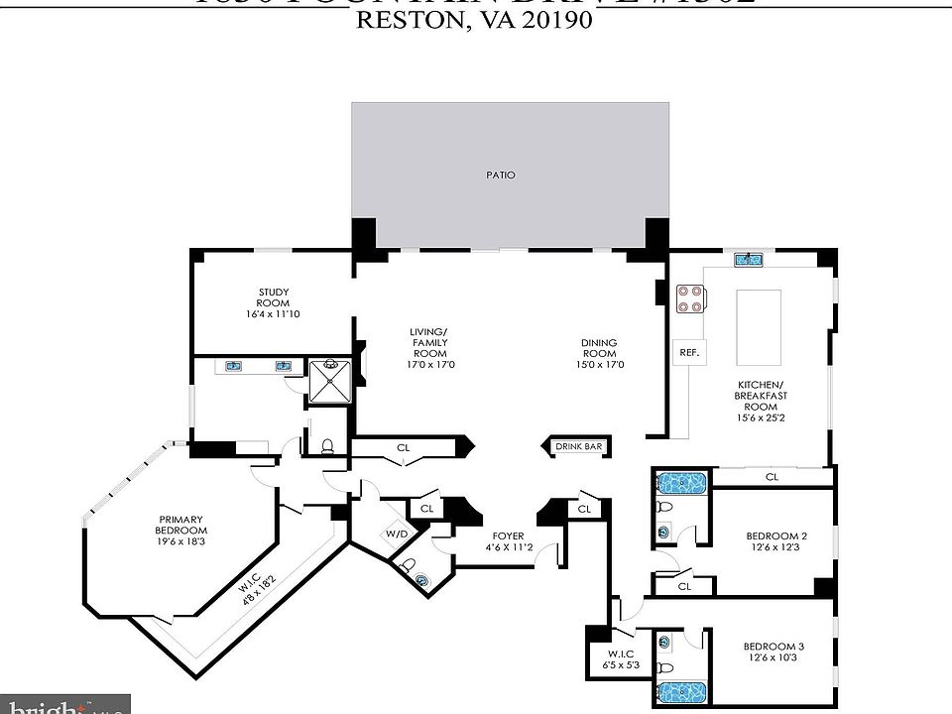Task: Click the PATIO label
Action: [x=501, y=175]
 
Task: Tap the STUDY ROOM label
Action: [x=273, y=297]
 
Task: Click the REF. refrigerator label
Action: [x=689, y=352]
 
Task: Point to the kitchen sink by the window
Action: [x=748, y=261]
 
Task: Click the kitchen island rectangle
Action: [x=757, y=326]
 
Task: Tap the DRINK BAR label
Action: [x=578, y=447]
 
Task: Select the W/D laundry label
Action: [x=396, y=534]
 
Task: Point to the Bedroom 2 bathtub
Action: [x=681, y=484]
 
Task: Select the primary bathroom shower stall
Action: [x=330, y=381]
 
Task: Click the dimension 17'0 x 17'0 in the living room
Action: [x=429, y=364]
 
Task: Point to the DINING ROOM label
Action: [x=599, y=348]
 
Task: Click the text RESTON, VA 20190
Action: [x=475, y=22]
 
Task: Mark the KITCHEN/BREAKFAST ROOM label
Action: [x=761, y=394]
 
